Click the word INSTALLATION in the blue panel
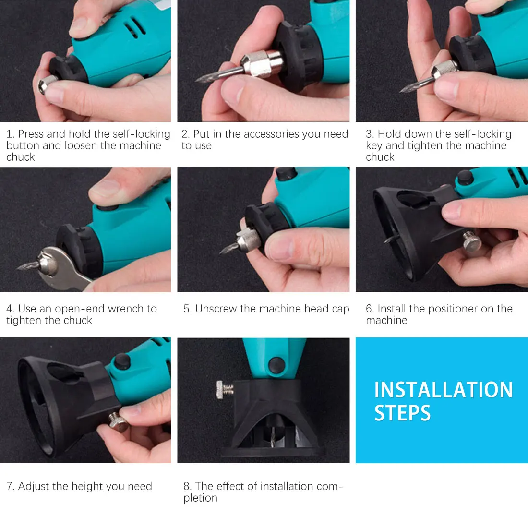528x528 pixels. [x=443, y=390]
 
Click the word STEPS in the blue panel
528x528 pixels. [x=402, y=413]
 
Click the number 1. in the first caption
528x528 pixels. [x=11, y=134]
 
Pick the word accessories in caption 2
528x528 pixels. [x=266, y=134]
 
